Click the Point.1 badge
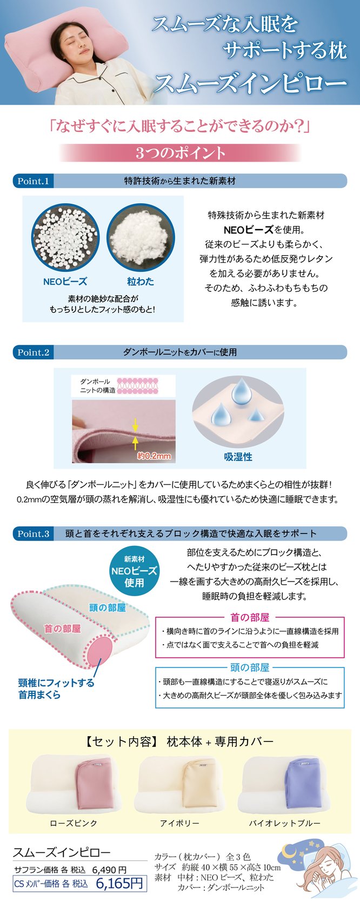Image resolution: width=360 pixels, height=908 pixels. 34,181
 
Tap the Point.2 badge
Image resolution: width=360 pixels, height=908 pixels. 34,352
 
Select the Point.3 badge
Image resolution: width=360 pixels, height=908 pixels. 34,533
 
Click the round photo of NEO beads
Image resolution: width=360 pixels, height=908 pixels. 65,238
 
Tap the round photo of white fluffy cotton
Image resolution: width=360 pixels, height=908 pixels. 141,238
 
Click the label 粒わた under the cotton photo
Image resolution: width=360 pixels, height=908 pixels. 141,281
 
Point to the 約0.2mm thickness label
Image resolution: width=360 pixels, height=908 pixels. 154,456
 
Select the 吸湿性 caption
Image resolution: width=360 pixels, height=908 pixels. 238,457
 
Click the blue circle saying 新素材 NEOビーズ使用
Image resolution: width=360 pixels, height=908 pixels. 134,571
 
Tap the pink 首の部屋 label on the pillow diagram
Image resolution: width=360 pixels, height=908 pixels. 63,629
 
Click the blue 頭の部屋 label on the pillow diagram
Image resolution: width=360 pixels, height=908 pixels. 108,607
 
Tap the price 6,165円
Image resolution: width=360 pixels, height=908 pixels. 119,883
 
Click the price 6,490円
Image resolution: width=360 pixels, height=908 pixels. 109,870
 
